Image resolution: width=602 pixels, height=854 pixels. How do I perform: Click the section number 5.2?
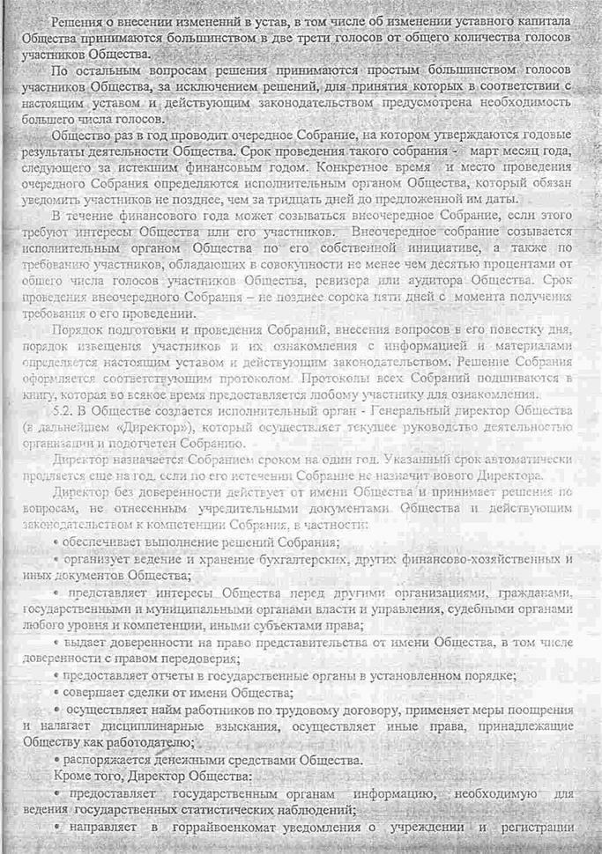pos(63,412)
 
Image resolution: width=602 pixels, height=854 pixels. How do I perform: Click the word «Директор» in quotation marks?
pos(130,427)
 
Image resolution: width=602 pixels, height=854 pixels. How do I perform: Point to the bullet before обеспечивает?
pos(56,541)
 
